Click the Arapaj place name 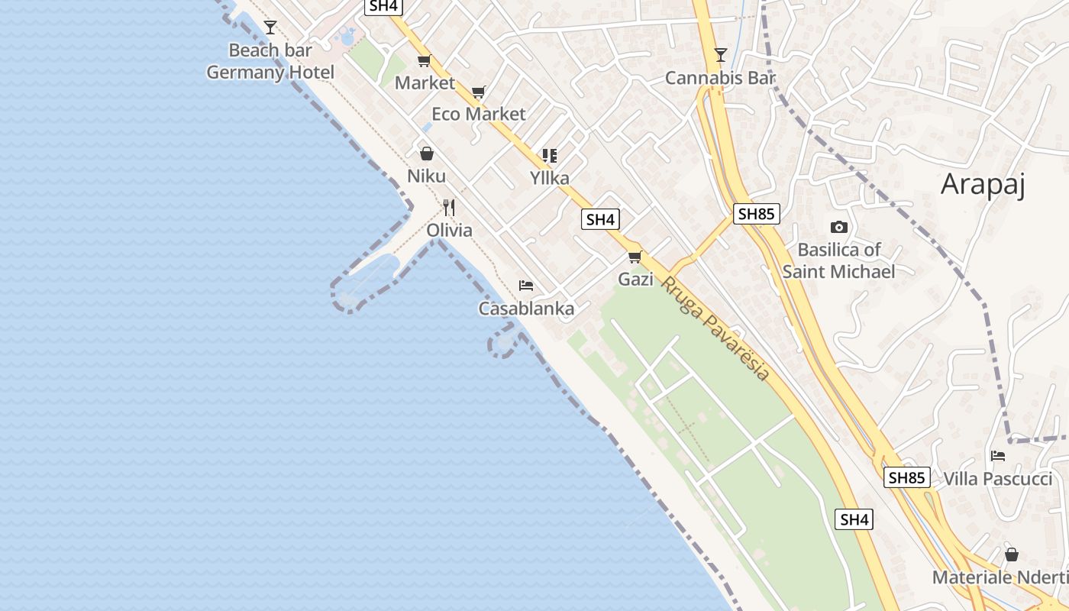click(x=982, y=185)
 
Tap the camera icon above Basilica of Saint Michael click(x=838, y=227)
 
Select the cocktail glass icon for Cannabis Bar click(x=720, y=54)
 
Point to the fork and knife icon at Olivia click(x=449, y=208)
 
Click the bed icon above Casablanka click(x=525, y=286)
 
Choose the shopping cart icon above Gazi click(x=635, y=257)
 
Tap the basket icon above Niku click(x=426, y=154)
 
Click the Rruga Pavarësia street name click(x=715, y=328)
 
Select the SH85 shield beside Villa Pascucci click(x=907, y=478)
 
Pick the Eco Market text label click(x=479, y=114)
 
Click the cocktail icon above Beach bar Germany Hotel click(x=270, y=27)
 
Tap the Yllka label click(x=550, y=178)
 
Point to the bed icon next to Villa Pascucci click(x=997, y=456)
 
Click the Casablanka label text click(x=526, y=309)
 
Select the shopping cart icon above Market click(x=424, y=60)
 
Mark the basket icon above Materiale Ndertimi click(x=1011, y=554)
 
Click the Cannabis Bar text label click(x=720, y=78)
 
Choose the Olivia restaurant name click(x=449, y=230)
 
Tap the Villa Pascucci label click(x=997, y=479)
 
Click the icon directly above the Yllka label click(x=550, y=156)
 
